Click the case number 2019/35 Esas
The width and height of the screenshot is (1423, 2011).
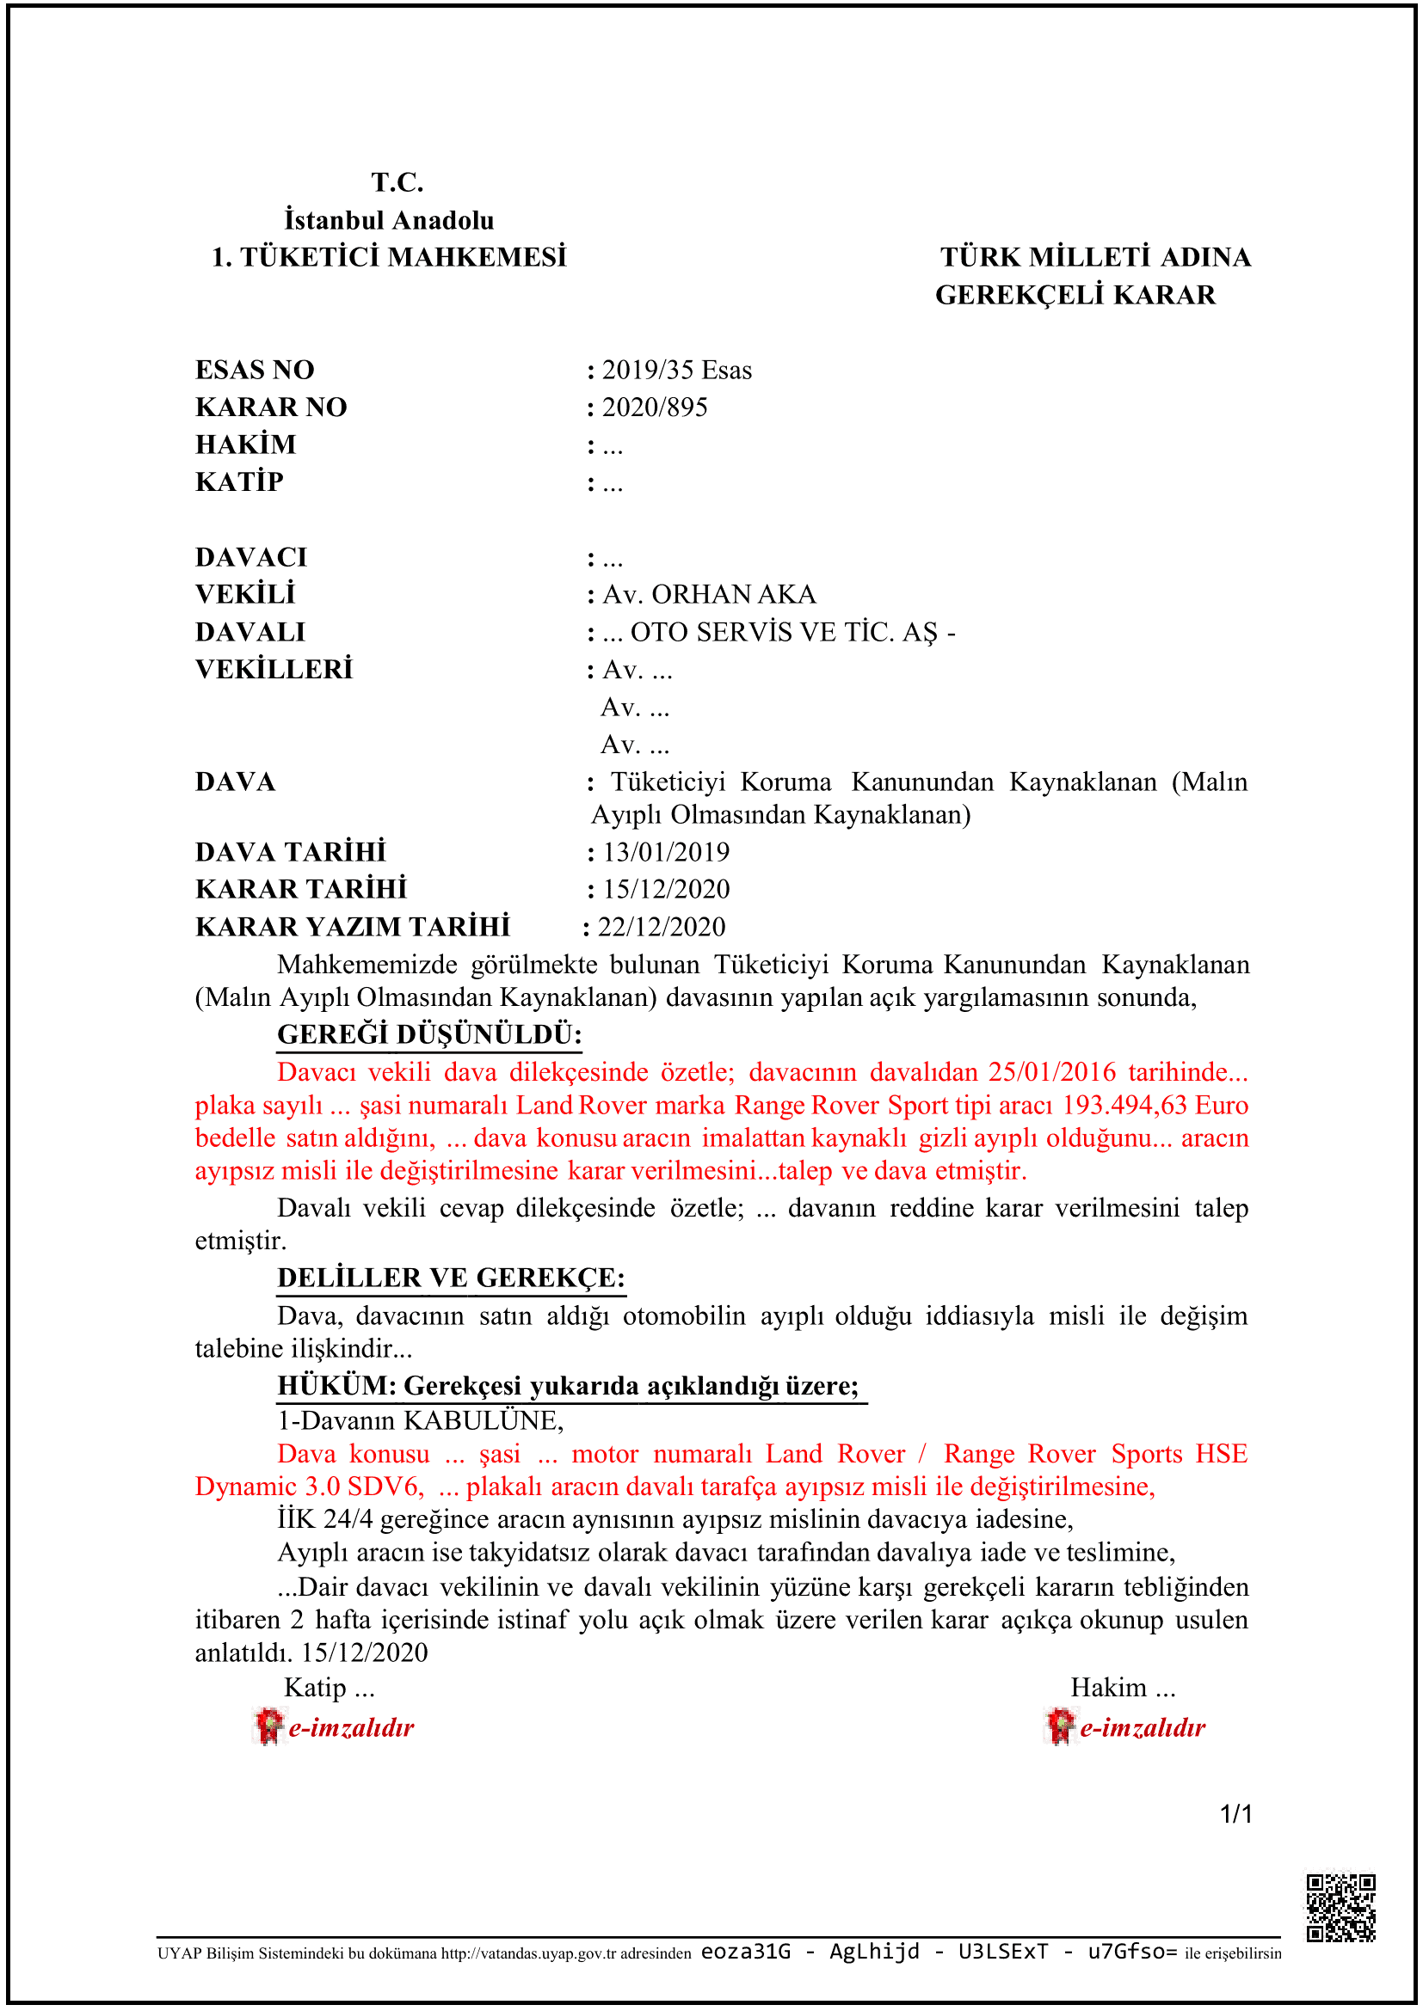pyautogui.click(x=676, y=371)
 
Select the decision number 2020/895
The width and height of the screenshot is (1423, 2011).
pyautogui.click(x=655, y=408)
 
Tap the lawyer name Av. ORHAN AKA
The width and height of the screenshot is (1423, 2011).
pyautogui.click(x=709, y=595)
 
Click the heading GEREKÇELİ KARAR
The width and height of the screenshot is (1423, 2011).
pyautogui.click(x=1075, y=295)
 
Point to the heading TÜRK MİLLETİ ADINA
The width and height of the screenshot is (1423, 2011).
pyautogui.click(x=1095, y=258)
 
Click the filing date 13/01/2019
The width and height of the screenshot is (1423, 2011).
pyautogui.click(x=666, y=852)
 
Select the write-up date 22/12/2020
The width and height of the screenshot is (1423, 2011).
pyautogui.click(x=662, y=927)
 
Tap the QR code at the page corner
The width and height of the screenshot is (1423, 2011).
pyautogui.click(x=1340, y=1908)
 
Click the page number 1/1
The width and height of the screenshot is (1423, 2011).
pyautogui.click(x=1235, y=1814)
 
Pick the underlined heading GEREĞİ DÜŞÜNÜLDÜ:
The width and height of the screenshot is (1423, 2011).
pyautogui.click(x=429, y=1035)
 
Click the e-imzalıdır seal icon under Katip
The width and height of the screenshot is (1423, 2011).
pyautogui.click(x=269, y=1726)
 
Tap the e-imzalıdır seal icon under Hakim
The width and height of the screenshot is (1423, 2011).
pyautogui.click(x=1060, y=1726)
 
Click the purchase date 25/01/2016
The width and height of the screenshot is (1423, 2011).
pyautogui.click(x=1051, y=1072)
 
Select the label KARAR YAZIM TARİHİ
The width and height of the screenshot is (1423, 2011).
pyautogui.click(x=352, y=927)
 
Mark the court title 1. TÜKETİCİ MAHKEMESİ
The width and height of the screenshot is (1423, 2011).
pyautogui.click(x=389, y=258)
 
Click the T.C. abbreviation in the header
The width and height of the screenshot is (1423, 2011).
pyautogui.click(x=397, y=182)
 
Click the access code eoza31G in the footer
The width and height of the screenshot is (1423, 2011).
pyautogui.click(x=746, y=1952)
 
